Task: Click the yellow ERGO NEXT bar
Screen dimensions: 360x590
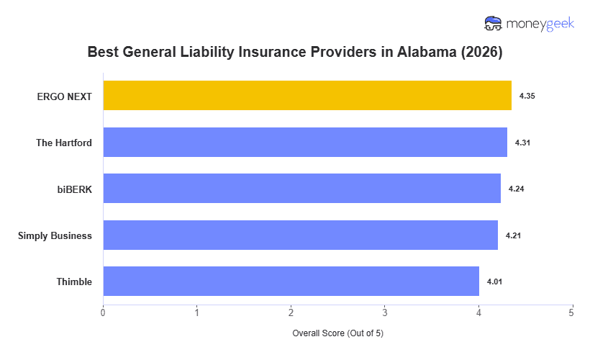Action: click(307, 96)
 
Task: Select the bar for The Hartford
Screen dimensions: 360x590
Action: click(305, 143)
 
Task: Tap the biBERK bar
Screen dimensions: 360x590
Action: click(301, 189)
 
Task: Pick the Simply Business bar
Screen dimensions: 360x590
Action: click(300, 235)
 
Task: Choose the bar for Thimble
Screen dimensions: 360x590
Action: click(291, 282)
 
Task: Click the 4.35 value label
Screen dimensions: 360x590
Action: click(526, 96)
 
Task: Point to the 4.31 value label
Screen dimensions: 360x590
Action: click(522, 143)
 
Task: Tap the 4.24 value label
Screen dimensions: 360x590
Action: click(515, 189)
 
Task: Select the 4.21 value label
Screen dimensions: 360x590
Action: click(512, 235)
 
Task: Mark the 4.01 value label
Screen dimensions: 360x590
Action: click(494, 282)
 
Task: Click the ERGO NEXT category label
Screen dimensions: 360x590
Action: click(64, 96)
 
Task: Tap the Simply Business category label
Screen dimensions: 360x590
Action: click(55, 235)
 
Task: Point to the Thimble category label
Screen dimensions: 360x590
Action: click(74, 282)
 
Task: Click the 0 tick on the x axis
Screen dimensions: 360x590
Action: click(103, 312)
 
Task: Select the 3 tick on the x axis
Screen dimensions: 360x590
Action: click(384, 312)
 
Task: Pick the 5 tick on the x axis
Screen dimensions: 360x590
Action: click(571, 312)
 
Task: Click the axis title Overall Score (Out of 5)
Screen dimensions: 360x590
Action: click(337, 333)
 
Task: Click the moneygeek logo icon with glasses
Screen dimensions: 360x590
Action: click(494, 24)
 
